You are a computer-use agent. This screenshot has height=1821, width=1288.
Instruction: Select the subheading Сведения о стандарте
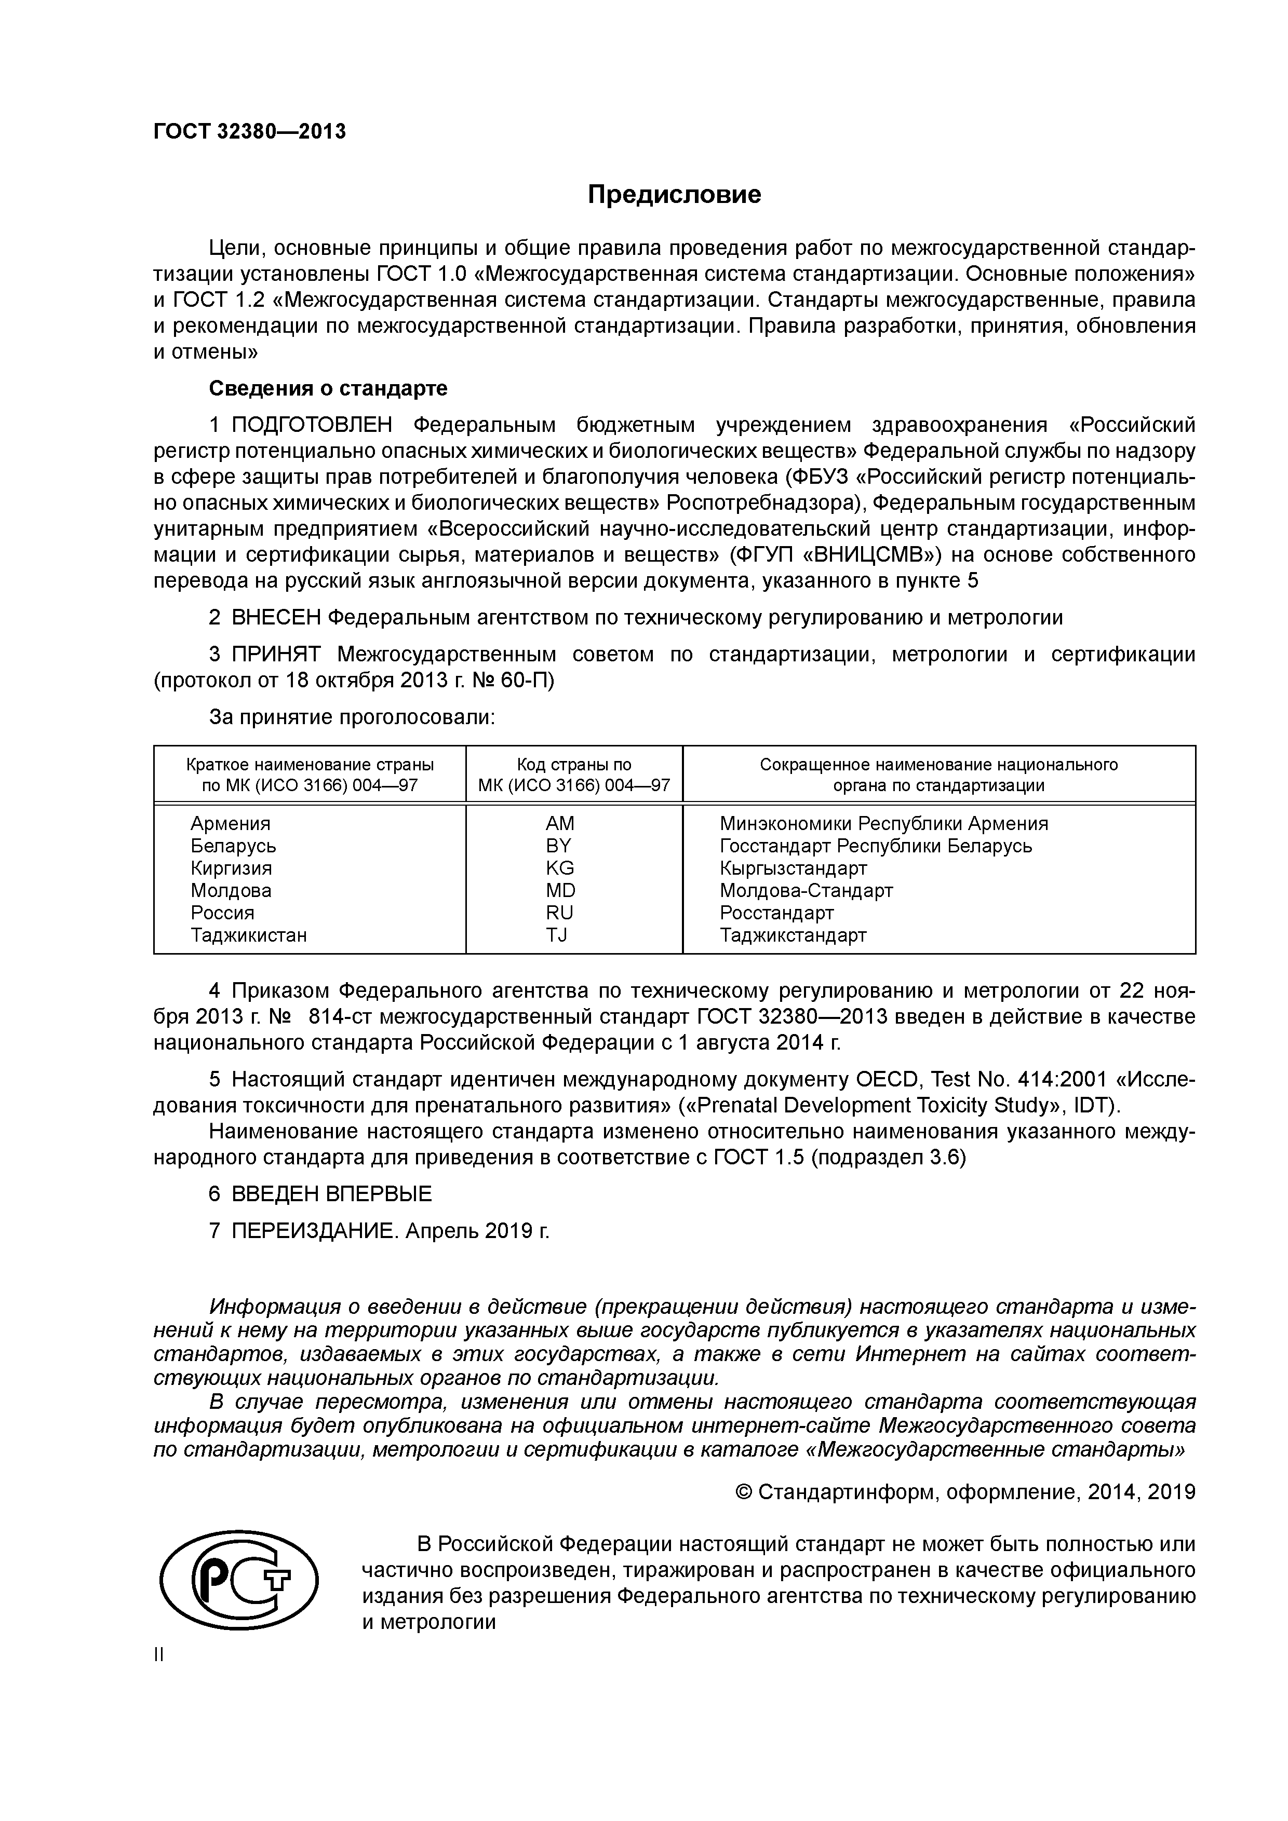click(x=328, y=389)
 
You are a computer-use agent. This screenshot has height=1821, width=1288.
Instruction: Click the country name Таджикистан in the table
click(x=248, y=935)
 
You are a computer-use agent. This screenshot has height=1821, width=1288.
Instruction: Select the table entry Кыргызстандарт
click(x=793, y=867)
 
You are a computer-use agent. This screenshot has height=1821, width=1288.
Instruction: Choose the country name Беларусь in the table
click(x=233, y=846)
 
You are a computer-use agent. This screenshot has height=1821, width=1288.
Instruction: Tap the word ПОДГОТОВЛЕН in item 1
click(x=312, y=426)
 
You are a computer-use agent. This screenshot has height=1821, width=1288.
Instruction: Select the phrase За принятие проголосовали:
click(x=352, y=718)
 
